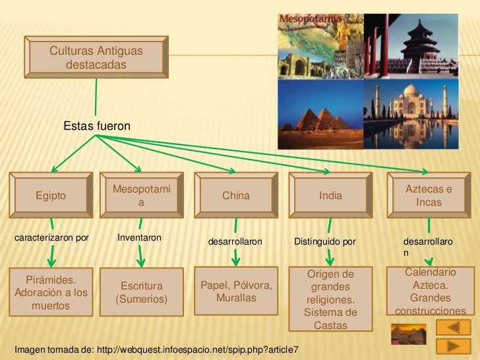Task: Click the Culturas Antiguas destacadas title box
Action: pos(96,58)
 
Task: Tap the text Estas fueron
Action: pos(97,125)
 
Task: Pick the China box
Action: pos(235,196)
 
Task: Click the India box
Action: pos(330,196)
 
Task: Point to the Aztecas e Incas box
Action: pos(429,196)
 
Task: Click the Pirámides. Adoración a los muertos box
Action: pos(51,293)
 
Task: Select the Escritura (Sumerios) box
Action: pos(141,293)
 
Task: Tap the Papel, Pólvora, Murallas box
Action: pos(235,292)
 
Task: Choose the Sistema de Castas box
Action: pos(330,299)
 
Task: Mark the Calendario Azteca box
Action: pos(430,291)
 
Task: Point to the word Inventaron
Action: pos(139,237)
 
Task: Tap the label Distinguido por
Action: pos(324,242)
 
